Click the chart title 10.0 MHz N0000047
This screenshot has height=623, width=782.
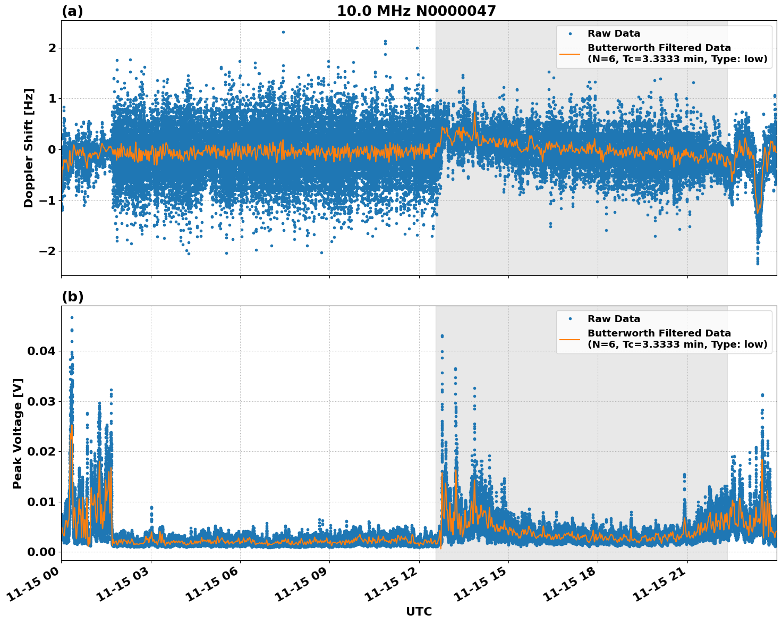point(416,11)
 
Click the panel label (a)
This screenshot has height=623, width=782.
point(72,11)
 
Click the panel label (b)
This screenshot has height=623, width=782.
point(72,297)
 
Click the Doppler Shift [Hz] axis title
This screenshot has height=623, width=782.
point(29,148)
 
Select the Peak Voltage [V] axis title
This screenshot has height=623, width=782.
point(18,433)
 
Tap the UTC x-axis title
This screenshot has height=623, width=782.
point(419,611)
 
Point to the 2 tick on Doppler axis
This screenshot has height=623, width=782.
point(53,48)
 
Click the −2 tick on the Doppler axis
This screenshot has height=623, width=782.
point(48,251)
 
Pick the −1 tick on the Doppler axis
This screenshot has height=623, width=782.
point(48,200)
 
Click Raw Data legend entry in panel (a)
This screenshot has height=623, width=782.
point(614,33)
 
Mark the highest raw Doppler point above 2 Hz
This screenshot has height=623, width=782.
point(283,32)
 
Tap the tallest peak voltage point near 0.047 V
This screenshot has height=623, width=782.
point(72,317)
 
